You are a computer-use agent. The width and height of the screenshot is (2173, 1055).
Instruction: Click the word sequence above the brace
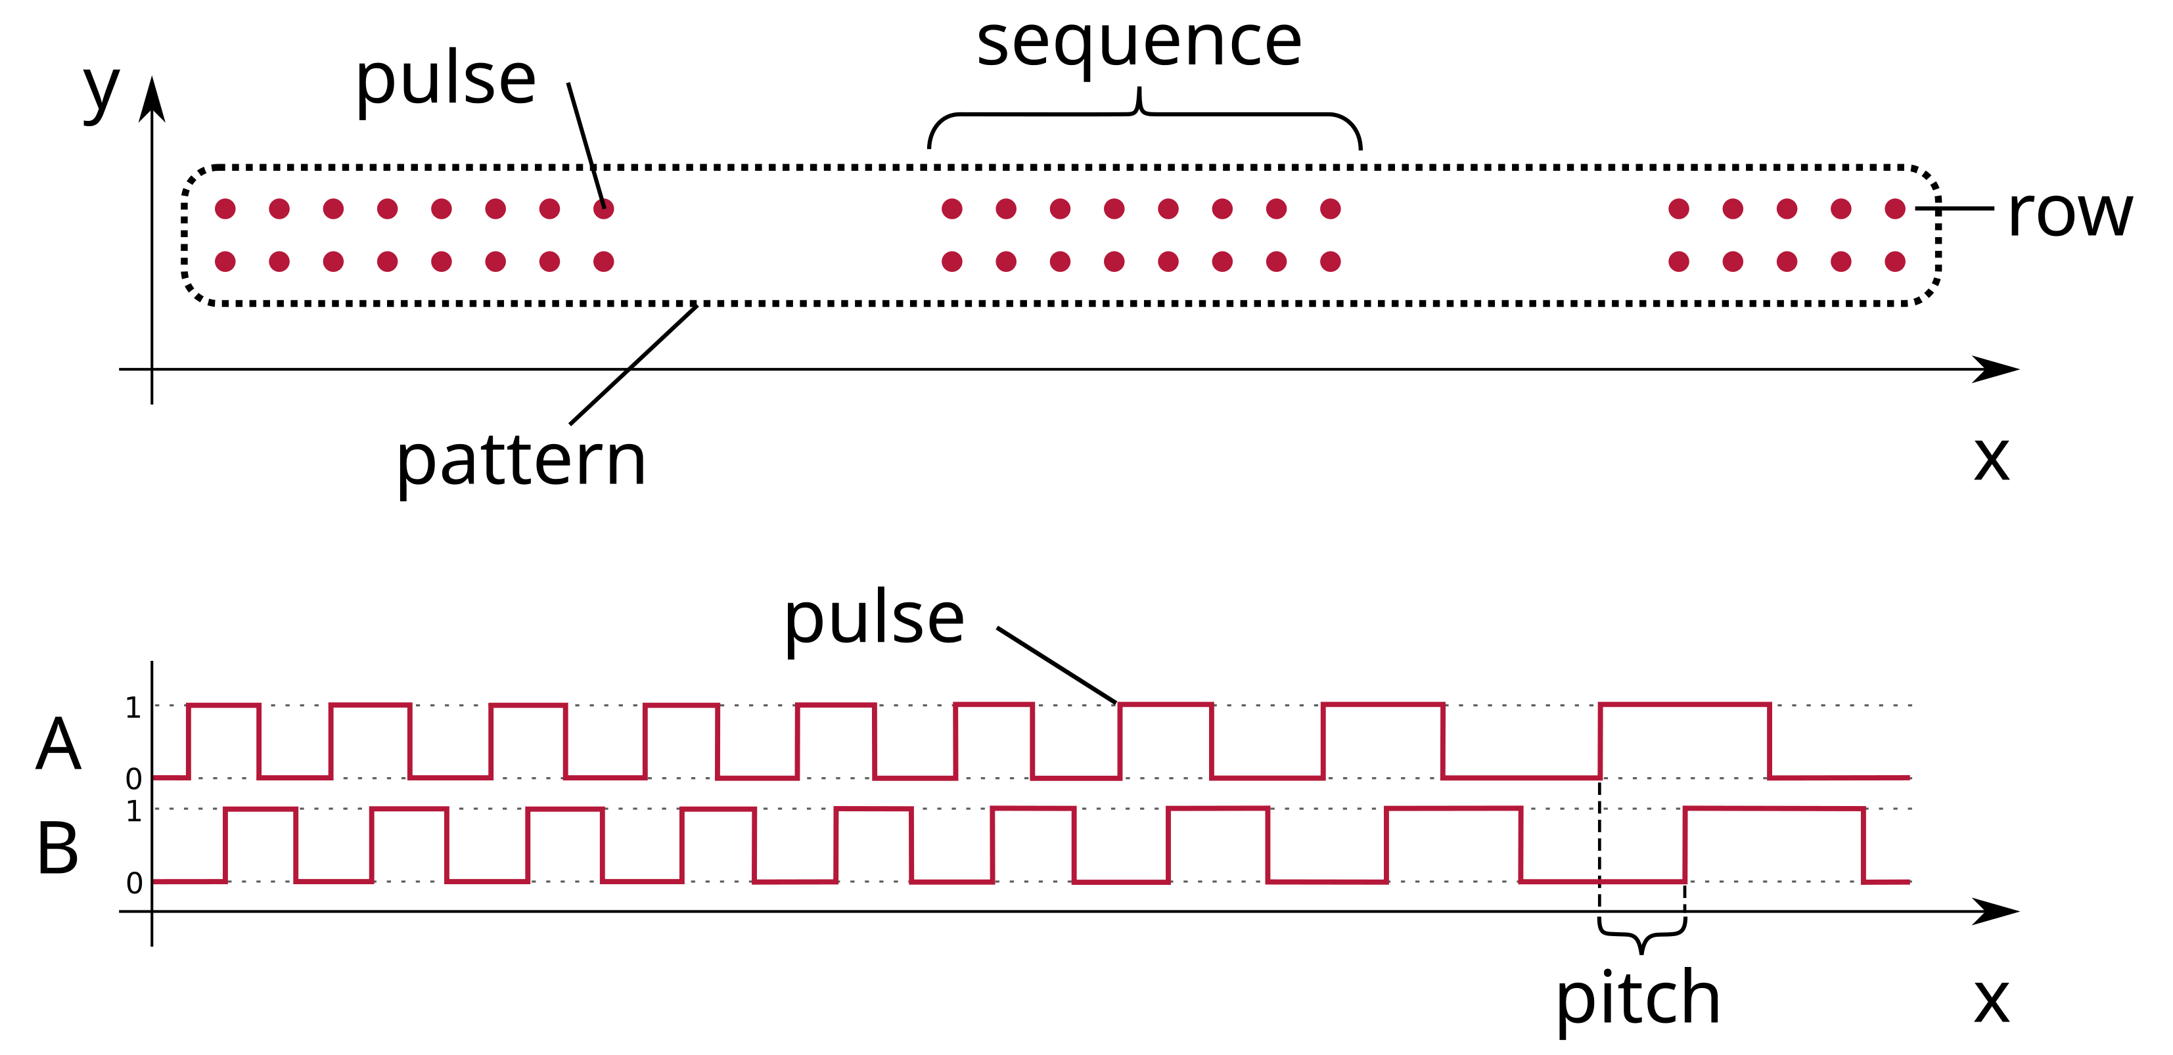click(1139, 44)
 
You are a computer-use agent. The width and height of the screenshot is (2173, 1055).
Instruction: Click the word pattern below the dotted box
click(520, 462)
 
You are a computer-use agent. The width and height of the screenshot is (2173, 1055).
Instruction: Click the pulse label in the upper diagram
click(446, 81)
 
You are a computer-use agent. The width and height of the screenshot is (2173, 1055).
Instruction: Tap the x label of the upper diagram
click(1992, 460)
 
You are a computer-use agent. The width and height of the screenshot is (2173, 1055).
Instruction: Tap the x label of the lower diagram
click(1992, 1001)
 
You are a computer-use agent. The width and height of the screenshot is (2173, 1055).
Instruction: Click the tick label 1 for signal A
click(133, 707)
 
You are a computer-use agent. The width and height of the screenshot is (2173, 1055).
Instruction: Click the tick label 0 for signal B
click(133, 883)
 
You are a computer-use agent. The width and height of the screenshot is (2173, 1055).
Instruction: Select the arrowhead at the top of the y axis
click(152, 99)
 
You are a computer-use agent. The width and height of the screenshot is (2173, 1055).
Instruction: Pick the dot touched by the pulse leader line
click(603, 208)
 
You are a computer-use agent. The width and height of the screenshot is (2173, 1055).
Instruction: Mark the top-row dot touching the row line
click(1894, 208)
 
